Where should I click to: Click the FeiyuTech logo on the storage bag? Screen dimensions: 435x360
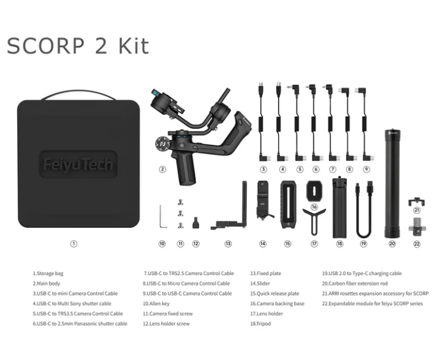[78, 164]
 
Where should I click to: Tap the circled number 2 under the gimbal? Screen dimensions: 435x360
[162, 169]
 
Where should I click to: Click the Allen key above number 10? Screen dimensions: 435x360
[163, 216]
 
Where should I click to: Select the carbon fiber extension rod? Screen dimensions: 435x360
[392, 183]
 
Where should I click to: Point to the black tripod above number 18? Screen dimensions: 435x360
[340, 207]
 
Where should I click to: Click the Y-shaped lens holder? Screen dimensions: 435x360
[314, 222]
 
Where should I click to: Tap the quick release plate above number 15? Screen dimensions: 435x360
[288, 205]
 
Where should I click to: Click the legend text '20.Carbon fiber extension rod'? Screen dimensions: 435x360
[355, 283]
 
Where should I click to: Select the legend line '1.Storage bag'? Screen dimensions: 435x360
[48, 273]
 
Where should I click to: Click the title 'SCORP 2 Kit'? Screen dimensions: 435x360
[78, 46]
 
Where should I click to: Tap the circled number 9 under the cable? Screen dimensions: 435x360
[366, 169]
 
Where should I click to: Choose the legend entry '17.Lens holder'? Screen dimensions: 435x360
[267, 313]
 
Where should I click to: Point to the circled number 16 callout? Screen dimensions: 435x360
[314, 207]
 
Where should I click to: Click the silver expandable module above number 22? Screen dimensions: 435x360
[417, 227]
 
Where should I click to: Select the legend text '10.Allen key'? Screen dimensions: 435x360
[156, 303]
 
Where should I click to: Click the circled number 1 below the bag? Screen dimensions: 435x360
[73, 244]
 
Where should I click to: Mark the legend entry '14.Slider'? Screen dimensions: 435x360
[260, 283]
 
